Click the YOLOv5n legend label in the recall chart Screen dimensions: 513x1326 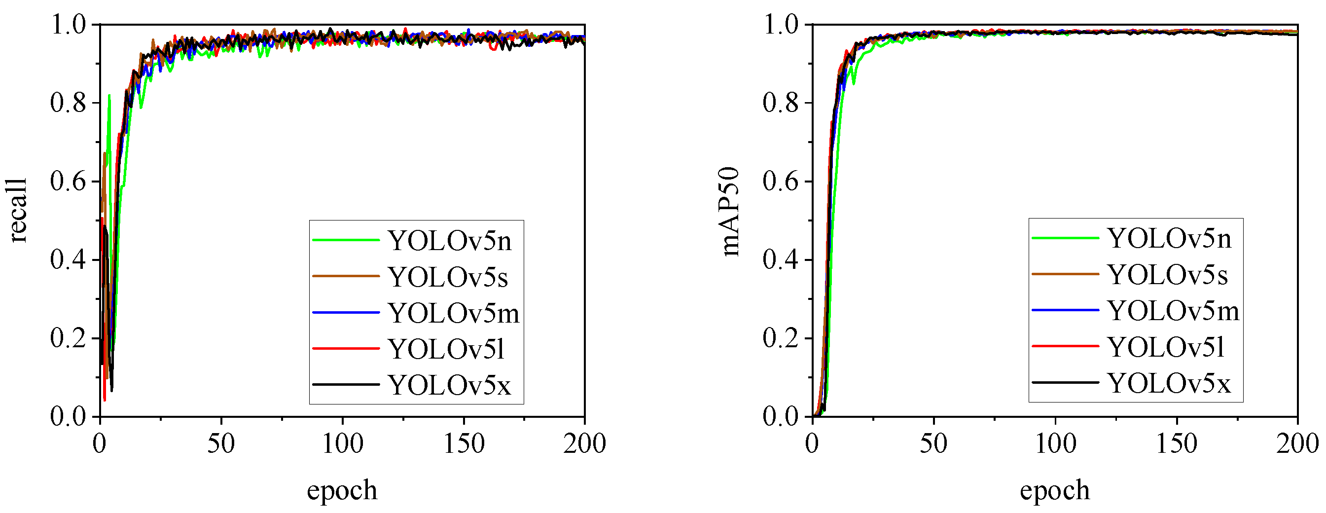point(449,241)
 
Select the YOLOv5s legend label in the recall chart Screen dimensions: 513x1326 point(448,277)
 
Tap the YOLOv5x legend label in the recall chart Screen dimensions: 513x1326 point(449,385)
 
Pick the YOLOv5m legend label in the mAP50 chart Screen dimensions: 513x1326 point(1174,311)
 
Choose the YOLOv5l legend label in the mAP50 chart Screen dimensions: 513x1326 point(1166,347)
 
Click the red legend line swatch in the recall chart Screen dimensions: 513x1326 point(346,349)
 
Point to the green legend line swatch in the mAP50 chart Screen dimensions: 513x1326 point(1066,238)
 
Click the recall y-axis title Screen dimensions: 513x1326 point(17,211)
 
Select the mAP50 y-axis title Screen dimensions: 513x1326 point(730,211)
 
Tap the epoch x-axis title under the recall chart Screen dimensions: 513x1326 point(342,490)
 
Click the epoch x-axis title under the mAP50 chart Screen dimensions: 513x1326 point(1055,490)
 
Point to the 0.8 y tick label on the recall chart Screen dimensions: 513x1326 point(68,103)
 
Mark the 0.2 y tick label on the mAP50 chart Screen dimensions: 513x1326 point(781,338)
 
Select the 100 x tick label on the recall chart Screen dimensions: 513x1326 point(342,443)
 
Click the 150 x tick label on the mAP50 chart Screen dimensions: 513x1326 point(1176,443)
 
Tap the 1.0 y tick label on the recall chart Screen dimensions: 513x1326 point(68,25)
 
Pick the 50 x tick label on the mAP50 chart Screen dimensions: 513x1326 point(934,443)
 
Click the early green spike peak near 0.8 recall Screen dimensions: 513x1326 point(109,96)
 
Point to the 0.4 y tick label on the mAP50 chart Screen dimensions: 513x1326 point(781,259)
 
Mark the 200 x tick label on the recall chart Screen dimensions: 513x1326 point(584,443)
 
